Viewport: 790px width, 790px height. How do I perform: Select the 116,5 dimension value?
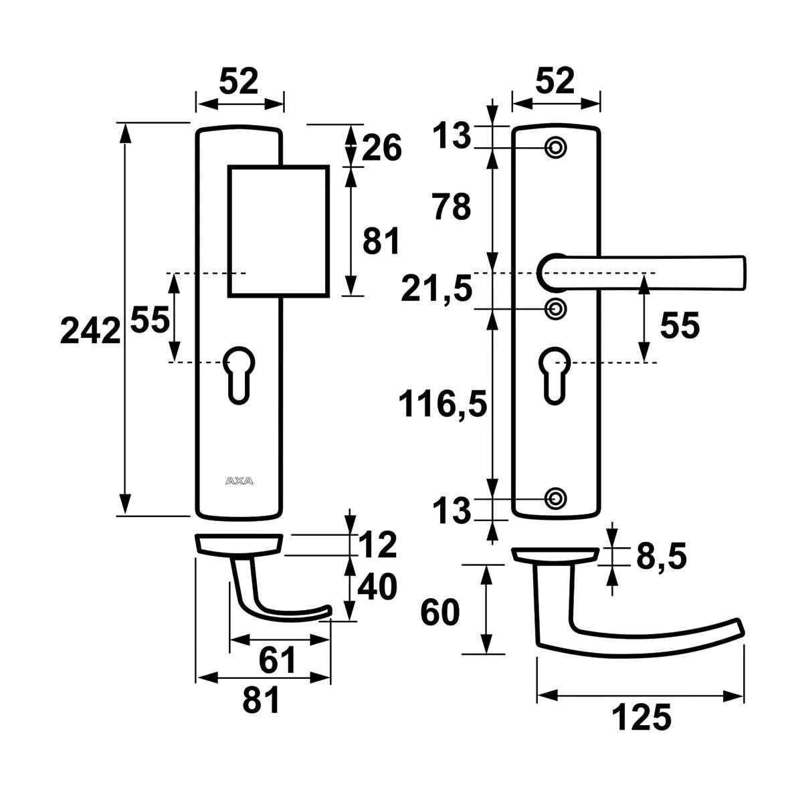click(x=441, y=404)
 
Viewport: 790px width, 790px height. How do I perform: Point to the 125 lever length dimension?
click(x=640, y=718)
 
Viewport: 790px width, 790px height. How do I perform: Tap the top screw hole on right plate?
click(x=555, y=147)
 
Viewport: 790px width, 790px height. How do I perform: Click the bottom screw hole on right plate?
click(x=555, y=498)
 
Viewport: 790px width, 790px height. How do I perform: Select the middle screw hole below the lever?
click(x=555, y=308)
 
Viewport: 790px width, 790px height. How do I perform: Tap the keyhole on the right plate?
click(x=554, y=373)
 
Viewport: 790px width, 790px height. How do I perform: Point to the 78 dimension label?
click(x=452, y=207)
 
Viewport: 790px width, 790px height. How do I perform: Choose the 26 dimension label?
click(x=383, y=147)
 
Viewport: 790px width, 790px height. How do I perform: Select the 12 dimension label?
click(x=377, y=546)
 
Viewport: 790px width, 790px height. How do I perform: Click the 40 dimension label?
click(x=377, y=587)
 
